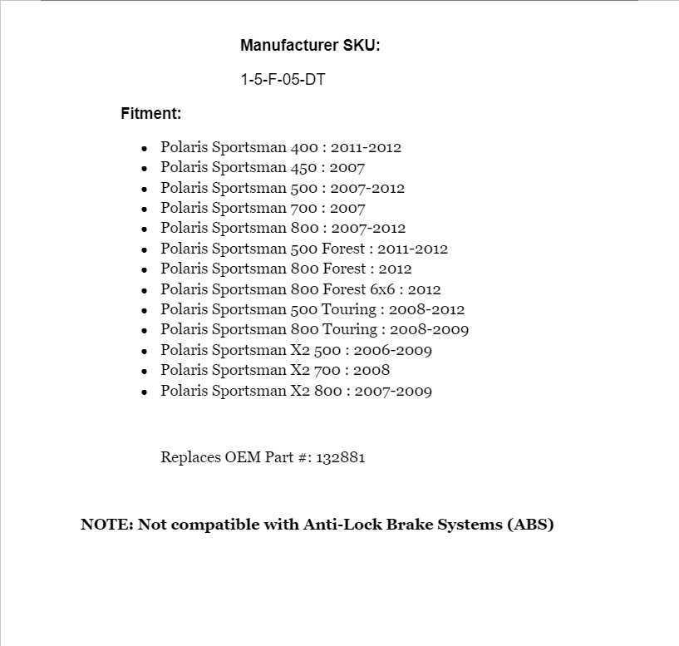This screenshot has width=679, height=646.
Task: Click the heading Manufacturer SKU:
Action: pyautogui.click(x=310, y=46)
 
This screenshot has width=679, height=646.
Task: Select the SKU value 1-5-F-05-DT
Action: pyautogui.click(x=283, y=80)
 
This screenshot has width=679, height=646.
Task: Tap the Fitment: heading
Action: pyautogui.click(x=151, y=113)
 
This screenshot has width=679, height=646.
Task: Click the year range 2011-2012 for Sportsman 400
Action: pyautogui.click(x=366, y=148)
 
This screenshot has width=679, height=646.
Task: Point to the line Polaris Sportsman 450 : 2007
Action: pyautogui.click(x=263, y=168)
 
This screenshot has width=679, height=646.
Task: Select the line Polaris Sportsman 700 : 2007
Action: pyautogui.click(x=263, y=209)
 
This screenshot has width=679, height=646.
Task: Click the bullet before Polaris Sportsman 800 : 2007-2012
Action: pyautogui.click(x=145, y=229)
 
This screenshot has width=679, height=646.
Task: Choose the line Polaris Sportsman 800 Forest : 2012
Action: pyautogui.click(x=286, y=269)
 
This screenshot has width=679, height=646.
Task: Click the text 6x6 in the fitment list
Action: pyautogui.click(x=384, y=289)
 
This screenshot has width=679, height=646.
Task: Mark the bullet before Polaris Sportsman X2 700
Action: pyautogui.click(x=145, y=371)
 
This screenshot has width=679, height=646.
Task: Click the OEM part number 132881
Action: pyautogui.click(x=340, y=457)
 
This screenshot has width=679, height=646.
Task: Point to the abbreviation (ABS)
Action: pyautogui.click(x=529, y=525)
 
